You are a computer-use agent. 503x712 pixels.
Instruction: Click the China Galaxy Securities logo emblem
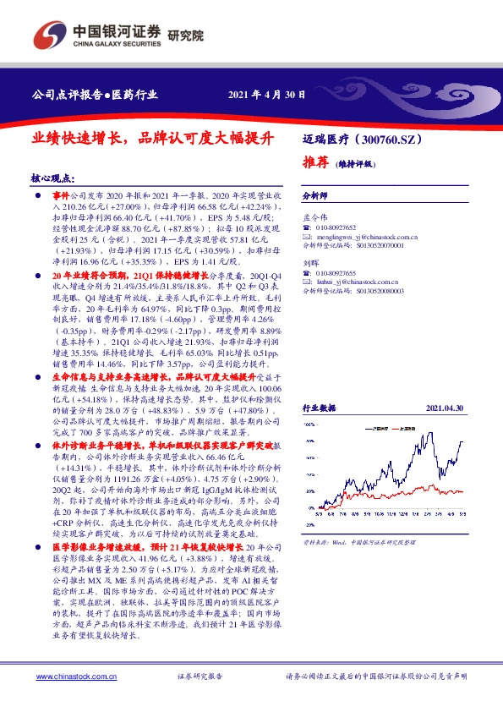point(47,36)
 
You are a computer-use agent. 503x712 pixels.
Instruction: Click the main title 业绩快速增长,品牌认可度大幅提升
point(155,135)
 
